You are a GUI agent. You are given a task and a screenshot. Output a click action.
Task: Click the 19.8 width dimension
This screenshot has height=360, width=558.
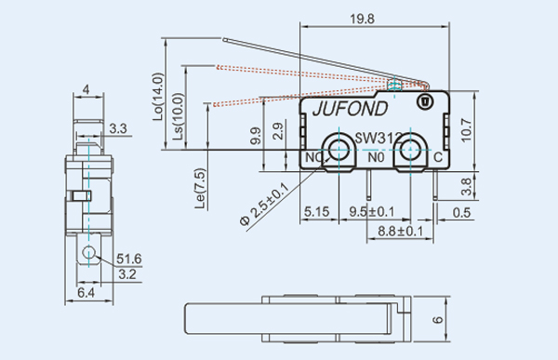click(x=362, y=19)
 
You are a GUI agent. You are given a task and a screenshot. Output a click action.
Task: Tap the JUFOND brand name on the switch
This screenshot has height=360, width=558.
click(x=351, y=109)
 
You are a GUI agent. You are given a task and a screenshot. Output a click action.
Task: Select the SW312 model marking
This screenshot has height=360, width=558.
click(x=379, y=139)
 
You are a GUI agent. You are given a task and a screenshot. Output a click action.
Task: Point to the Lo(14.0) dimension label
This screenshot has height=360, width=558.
click(x=158, y=97)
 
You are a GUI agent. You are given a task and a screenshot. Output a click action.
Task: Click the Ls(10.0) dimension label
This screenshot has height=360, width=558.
click(x=179, y=116)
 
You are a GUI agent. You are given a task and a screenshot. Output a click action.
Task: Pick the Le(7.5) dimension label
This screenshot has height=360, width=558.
click(x=201, y=188)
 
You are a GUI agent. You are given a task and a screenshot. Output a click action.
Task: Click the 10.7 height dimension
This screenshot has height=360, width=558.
click(x=466, y=130)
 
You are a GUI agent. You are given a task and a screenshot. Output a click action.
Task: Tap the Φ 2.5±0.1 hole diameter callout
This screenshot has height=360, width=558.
click(x=264, y=205)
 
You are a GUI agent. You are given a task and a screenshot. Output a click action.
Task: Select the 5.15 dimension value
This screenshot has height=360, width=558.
click(x=317, y=212)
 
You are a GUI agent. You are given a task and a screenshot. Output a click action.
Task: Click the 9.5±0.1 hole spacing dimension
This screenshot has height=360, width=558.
click(x=371, y=211)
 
